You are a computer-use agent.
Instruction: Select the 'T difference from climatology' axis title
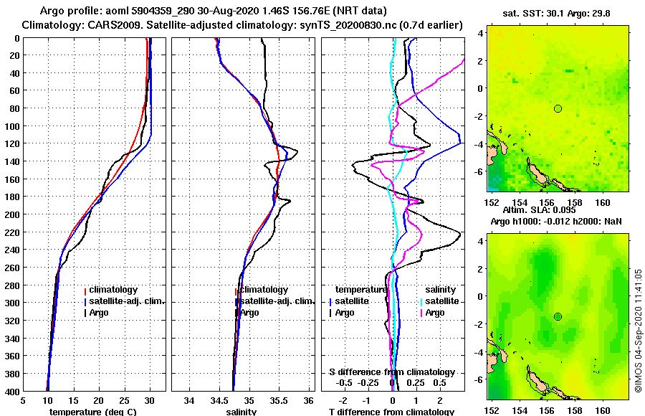pyautogui.click(x=391, y=412)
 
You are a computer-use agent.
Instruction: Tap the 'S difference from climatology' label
pyautogui.click(x=391, y=372)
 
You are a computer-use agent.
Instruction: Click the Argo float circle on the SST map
pyautogui.click(x=558, y=108)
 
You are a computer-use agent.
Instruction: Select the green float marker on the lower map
pyautogui.click(x=558, y=317)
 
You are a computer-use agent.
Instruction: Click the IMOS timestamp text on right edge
pyautogui.click(x=638, y=330)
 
